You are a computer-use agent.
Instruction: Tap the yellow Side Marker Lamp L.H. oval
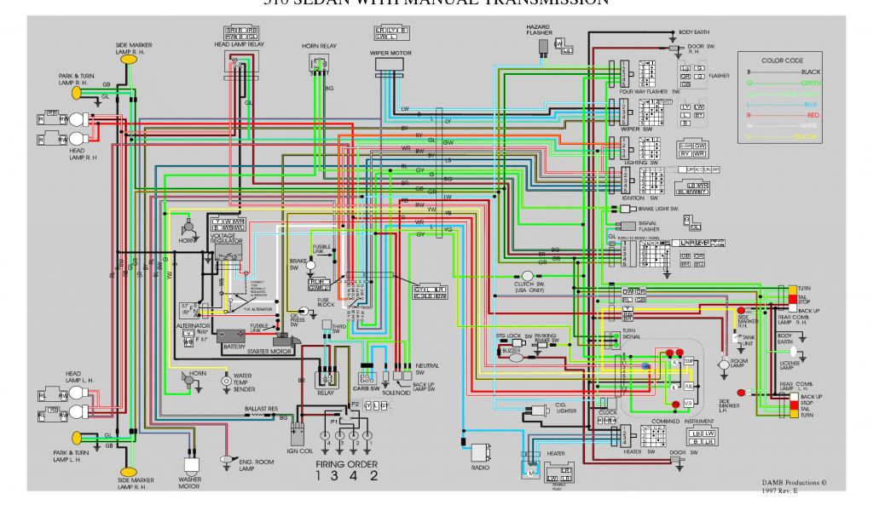pyautogui.click(x=129, y=471)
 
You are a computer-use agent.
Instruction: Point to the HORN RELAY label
pyautogui.click(x=320, y=45)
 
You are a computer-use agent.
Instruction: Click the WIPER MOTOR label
pyautogui.click(x=390, y=52)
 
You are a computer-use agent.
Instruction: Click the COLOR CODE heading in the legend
pyautogui.click(x=782, y=60)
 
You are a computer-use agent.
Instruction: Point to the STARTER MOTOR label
pyautogui.click(x=270, y=351)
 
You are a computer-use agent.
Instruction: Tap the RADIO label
pyautogui.click(x=480, y=468)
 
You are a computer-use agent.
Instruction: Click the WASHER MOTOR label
pyautogui.click(x=189, y=483)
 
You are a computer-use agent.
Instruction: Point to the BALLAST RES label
pyautogui.click(x=261, y=409)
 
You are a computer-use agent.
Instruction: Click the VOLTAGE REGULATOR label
pyautogui.click(x=226, y=239)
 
